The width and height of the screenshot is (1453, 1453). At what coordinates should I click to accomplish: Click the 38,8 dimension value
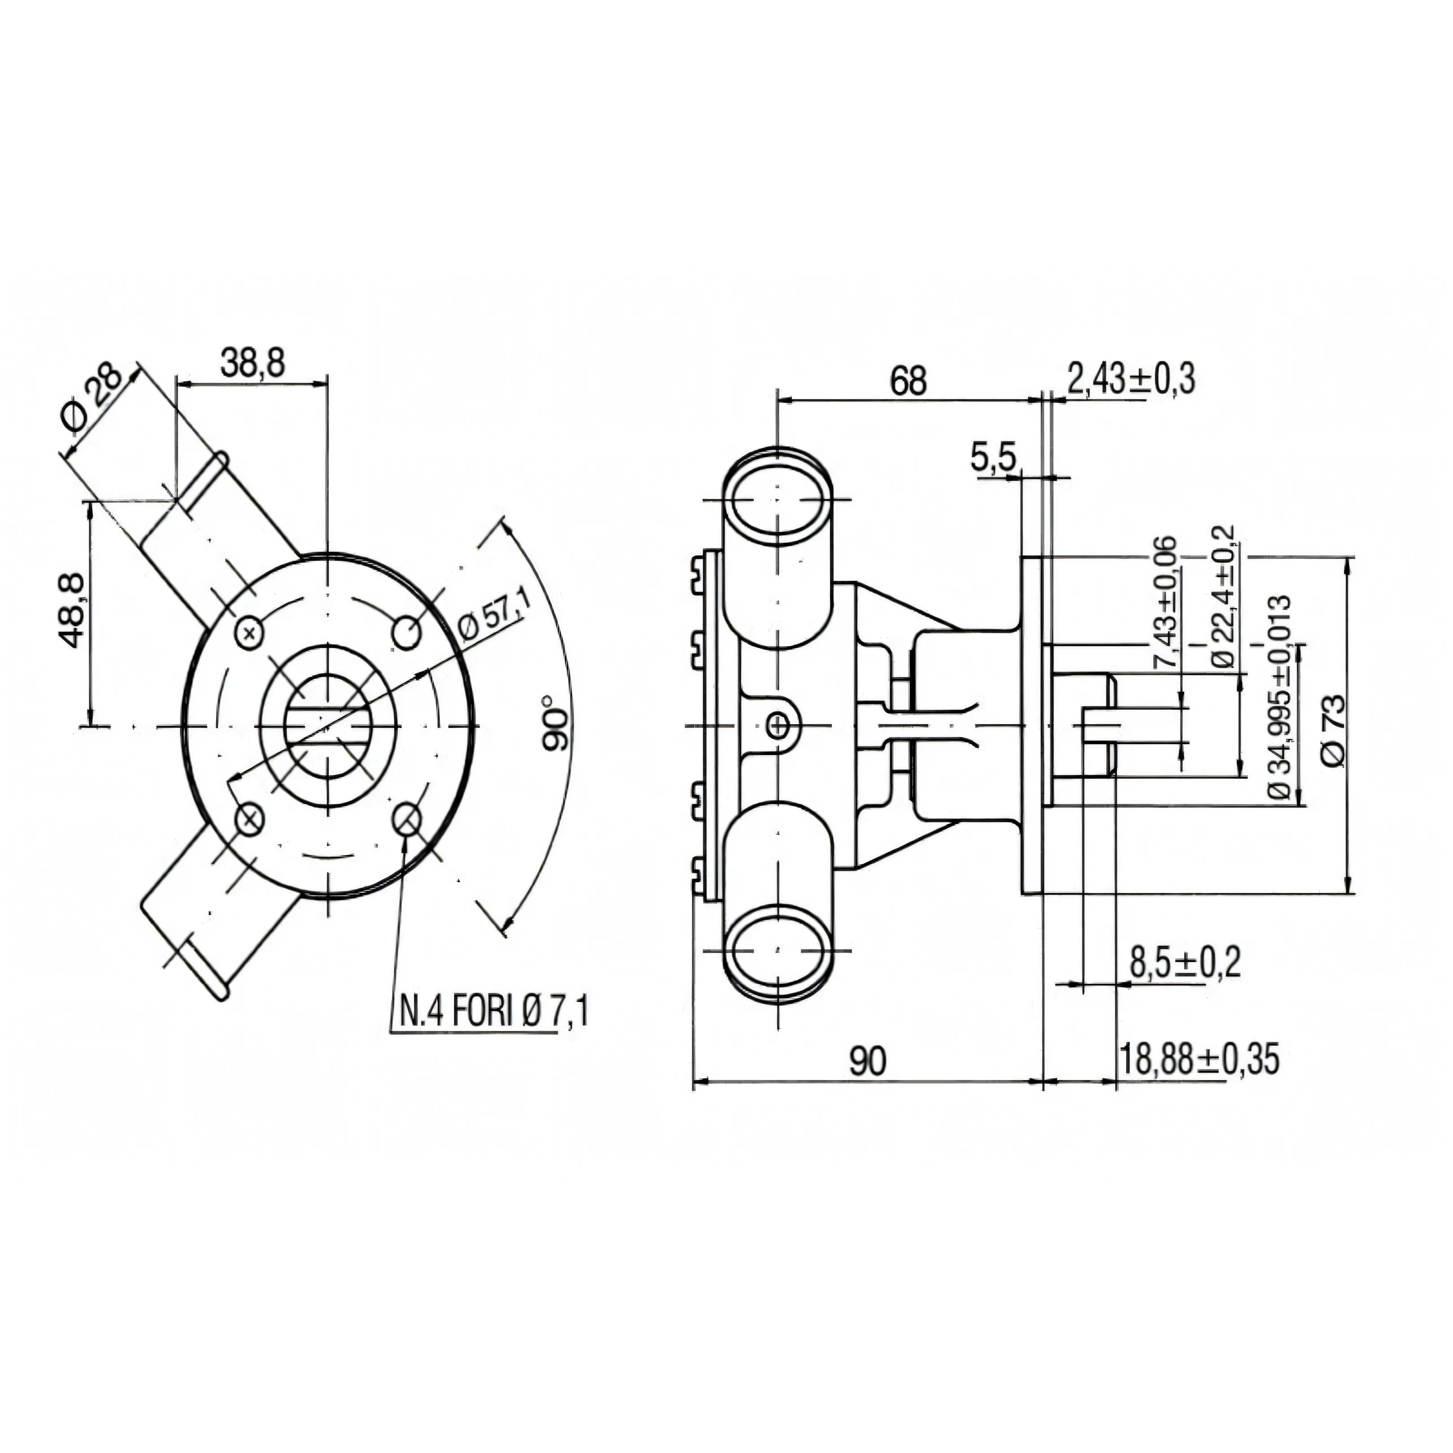(252, 362)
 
